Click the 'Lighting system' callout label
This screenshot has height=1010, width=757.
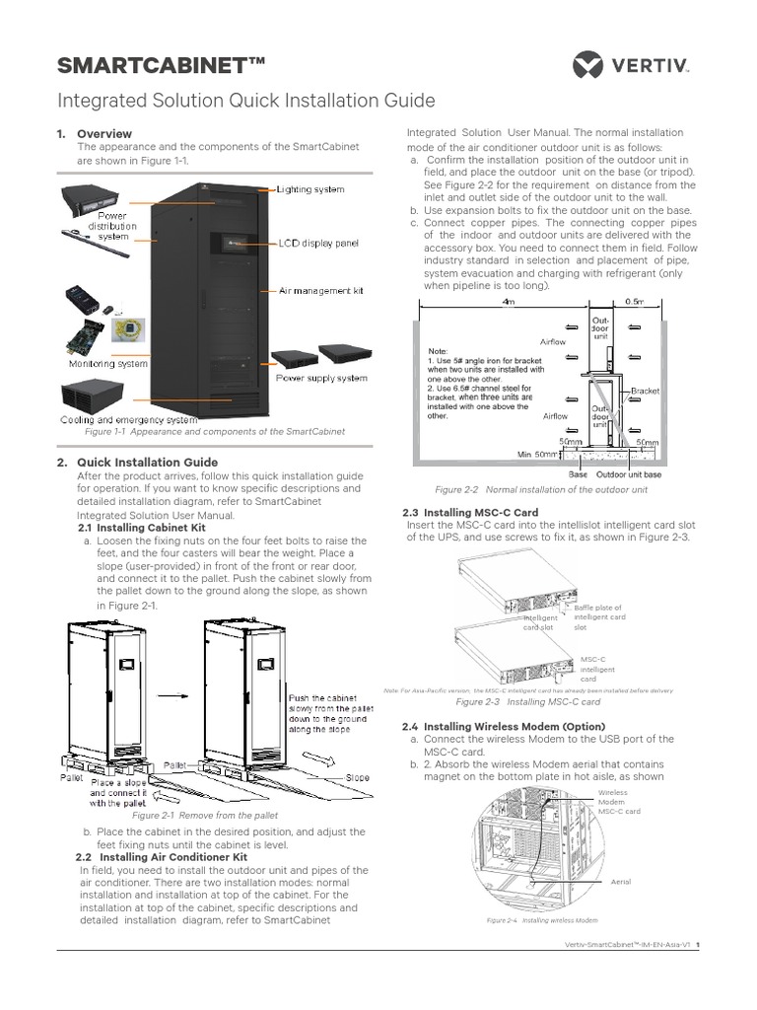coord(310,189)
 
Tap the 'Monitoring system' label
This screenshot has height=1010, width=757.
coord(104,363)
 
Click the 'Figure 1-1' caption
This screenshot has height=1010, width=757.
coord(215,431)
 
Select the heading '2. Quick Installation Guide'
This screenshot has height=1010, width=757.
coord(146,462)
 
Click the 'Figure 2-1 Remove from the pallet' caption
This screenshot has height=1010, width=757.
coord(205,816)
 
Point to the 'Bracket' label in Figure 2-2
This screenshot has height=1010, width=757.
coord(645,392)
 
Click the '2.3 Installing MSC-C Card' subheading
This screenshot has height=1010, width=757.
coord(471,512)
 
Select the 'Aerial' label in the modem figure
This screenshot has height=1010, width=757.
coord(620,881)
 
